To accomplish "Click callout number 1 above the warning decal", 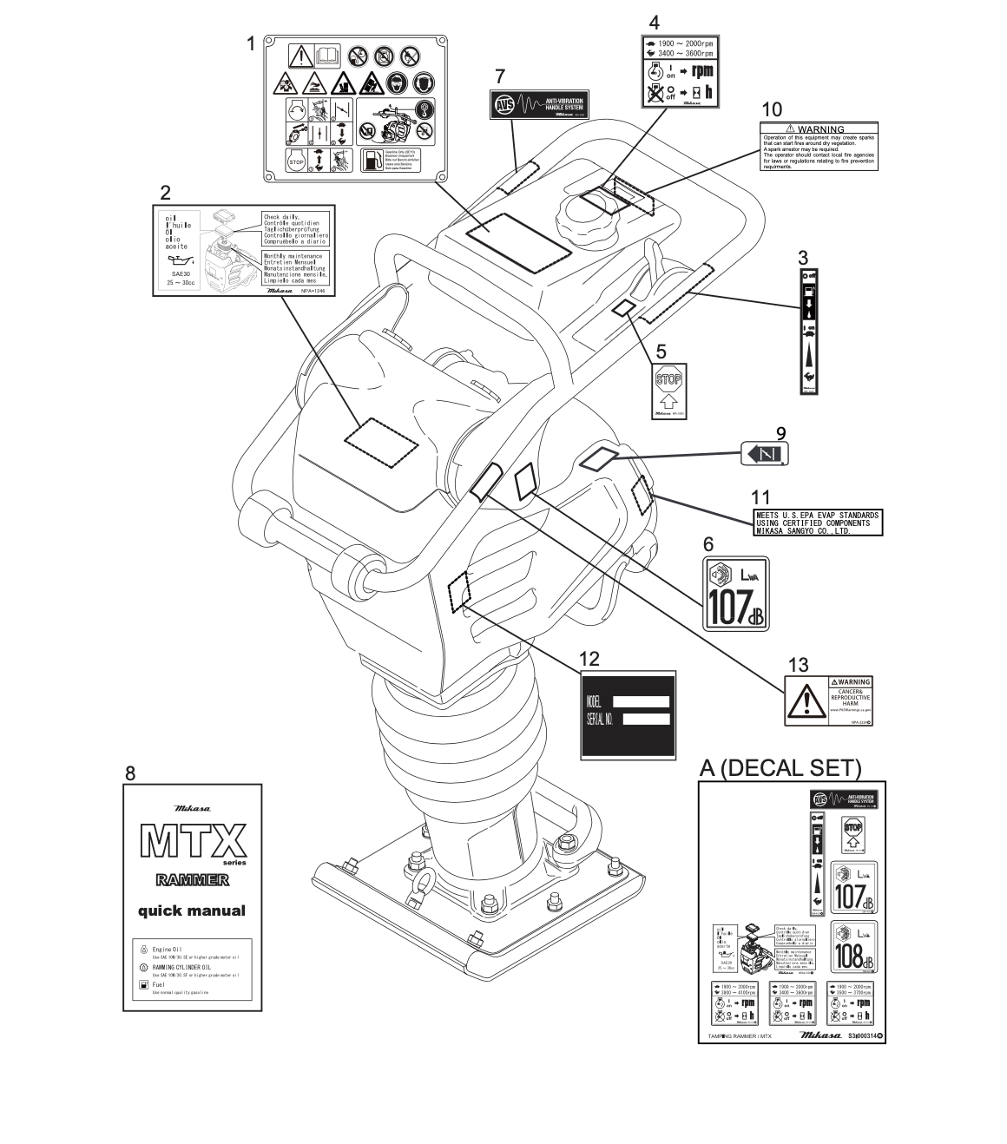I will pos(251,43).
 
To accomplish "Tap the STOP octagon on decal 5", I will pos(668,379).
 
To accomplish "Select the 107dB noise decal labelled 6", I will pos(734,594).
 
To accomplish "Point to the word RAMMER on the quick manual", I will pos(192,880).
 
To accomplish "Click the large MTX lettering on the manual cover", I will pos(192,839).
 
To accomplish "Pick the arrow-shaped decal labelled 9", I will pos(765,454).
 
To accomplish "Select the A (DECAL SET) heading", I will pos(780,767).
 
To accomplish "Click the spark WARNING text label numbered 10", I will pos(819,147).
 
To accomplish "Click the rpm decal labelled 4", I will pos(679,71).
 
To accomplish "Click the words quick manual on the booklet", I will pos(192,911).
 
